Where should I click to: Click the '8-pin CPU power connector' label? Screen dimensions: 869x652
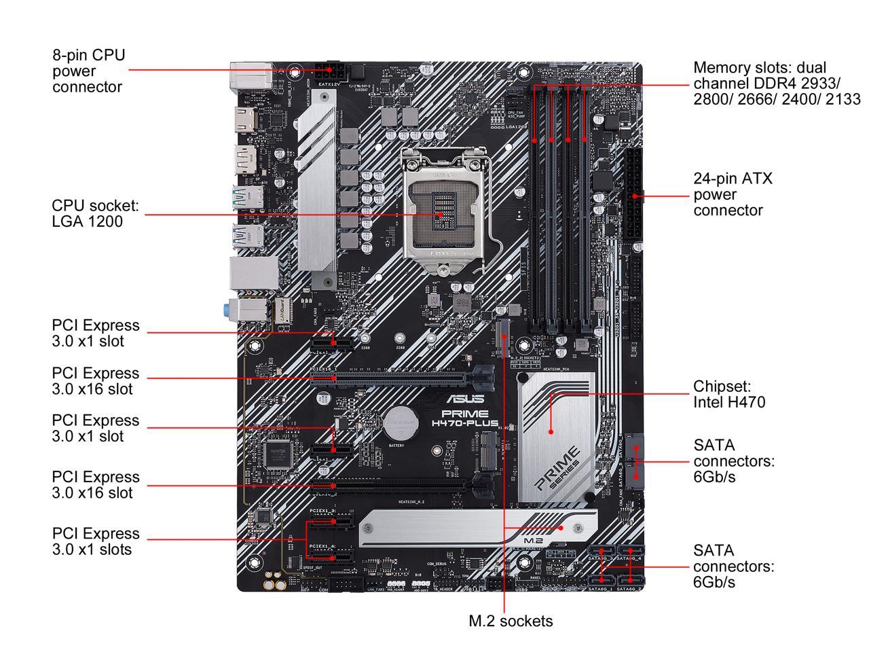(88, 71)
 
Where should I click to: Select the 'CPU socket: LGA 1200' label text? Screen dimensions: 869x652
(95, 213)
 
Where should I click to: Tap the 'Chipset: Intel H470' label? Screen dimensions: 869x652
(728, 394)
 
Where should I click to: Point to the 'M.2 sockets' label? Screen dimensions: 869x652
(511, 621)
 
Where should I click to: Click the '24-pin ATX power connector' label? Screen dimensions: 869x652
(733, 194)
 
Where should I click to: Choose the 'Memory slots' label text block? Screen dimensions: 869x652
(776, 84)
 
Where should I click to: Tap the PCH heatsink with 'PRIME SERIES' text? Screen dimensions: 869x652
(556, 435)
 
